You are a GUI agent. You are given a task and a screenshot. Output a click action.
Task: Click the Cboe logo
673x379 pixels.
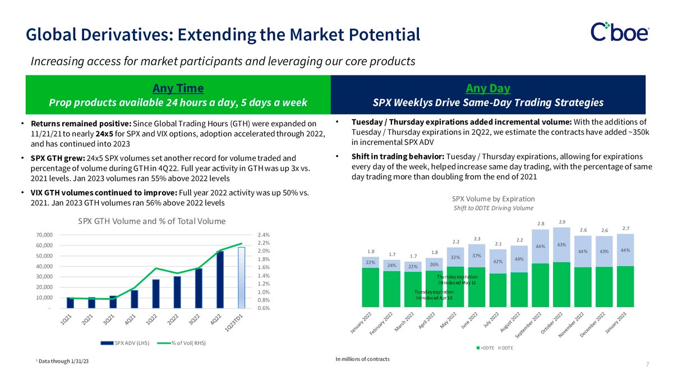[x=620, y=31]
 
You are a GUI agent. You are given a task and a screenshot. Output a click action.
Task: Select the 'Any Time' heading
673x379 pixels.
[x=178, y=88]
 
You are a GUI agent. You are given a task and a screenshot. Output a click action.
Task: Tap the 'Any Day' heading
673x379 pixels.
[x=488, y=88]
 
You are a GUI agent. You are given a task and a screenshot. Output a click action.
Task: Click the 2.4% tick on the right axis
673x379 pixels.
[x=264, y=235]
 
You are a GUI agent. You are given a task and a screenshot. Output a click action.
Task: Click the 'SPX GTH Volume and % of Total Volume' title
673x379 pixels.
[x=151, y=221]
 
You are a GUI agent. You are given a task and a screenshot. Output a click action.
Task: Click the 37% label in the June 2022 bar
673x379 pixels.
[x=477, y=255]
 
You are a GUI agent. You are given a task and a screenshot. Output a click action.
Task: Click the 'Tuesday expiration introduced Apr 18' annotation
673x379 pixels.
[x=435, y=295]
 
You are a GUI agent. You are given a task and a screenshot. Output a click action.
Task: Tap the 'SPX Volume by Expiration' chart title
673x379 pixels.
[x=494, y=199]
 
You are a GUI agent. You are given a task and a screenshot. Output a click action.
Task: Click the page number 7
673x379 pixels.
[x=647, y=365]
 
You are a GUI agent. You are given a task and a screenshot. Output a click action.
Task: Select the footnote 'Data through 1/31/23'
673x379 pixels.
[x=63, y=360]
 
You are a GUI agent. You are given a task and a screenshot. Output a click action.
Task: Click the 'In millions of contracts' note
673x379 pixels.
[x=362, y=359]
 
